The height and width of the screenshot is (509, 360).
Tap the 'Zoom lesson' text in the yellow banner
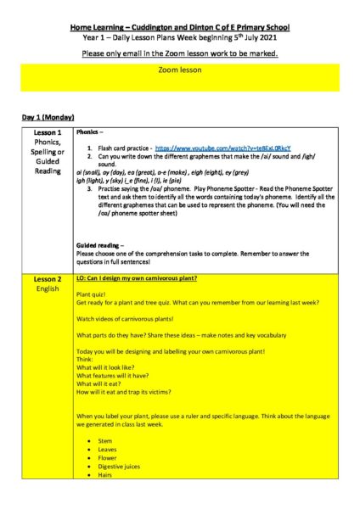coord(180,70)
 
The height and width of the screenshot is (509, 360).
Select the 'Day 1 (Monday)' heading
coord(48,116)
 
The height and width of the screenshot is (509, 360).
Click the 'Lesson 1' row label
coord(48,133)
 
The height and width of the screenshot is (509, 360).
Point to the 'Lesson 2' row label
coord(48,279)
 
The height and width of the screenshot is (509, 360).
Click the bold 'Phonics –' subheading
coord(93,133)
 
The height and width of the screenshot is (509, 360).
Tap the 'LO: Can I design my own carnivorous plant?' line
coord(143,278)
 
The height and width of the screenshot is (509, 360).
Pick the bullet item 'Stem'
coord(106,441)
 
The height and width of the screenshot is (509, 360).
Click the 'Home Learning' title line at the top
coord(180,28)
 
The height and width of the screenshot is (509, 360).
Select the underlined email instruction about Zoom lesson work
coord(180,53)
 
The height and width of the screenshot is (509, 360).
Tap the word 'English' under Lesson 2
coord(48,288)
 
